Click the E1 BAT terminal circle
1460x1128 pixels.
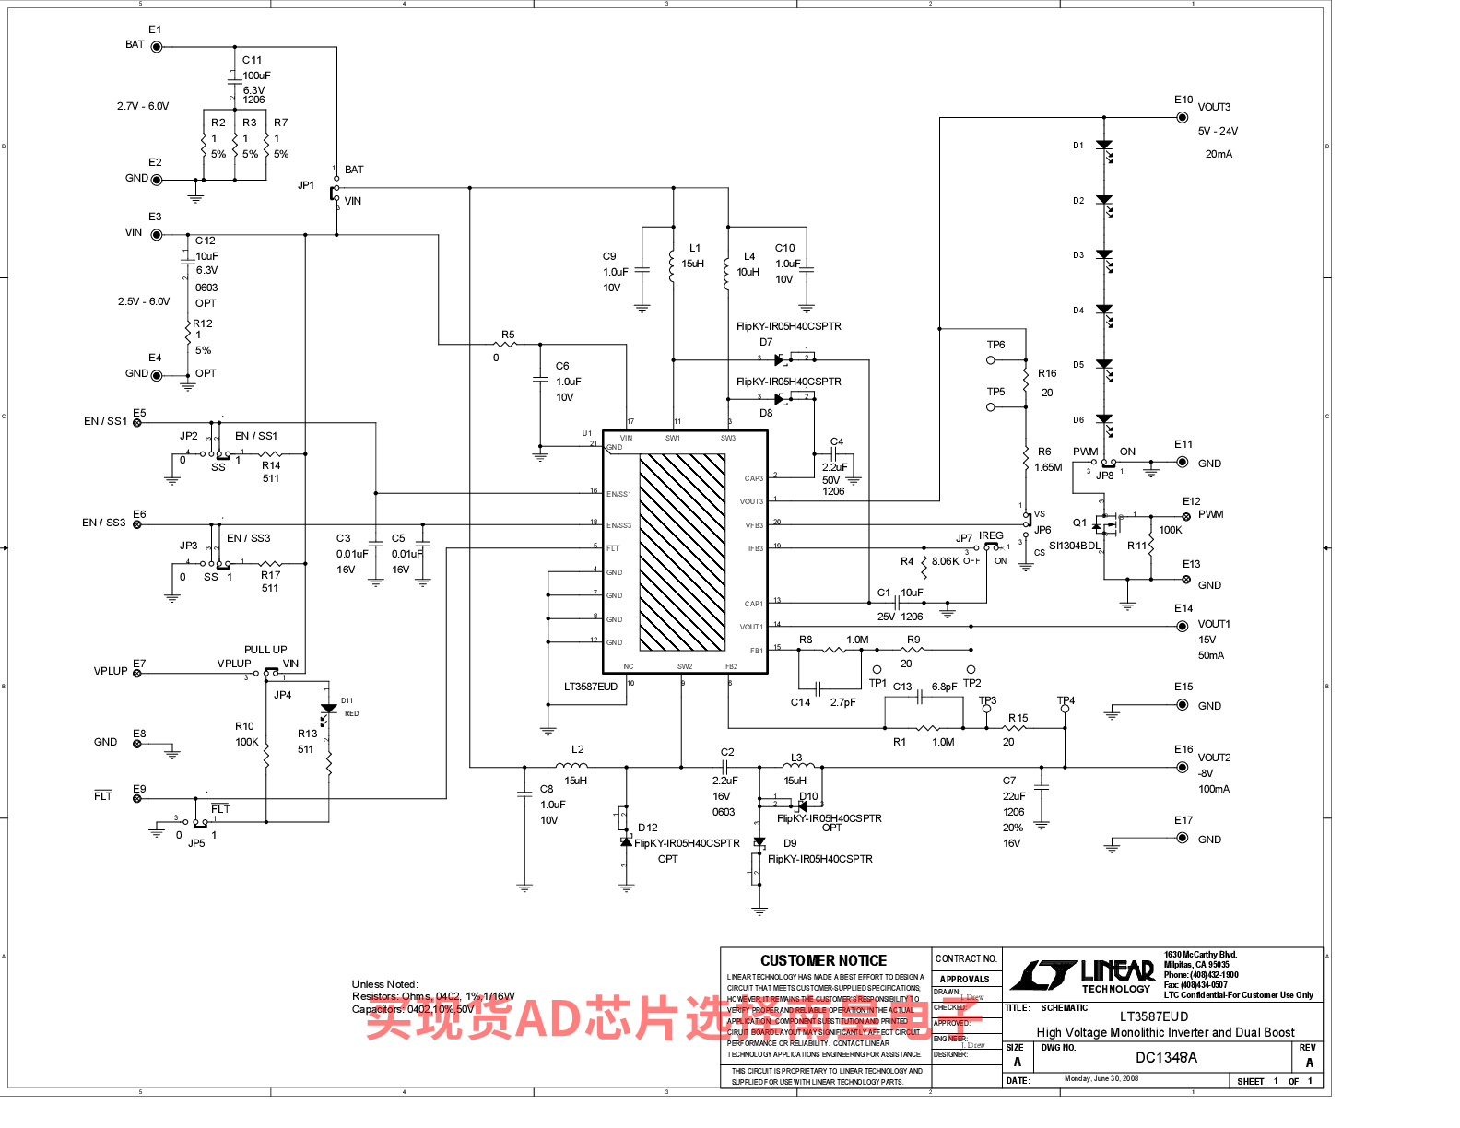(156, 47)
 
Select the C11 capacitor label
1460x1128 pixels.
(252, 60)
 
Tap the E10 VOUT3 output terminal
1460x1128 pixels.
(1182, 117)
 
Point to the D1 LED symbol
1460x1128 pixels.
(1104, 147)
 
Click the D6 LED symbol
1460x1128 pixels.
(1104, 421)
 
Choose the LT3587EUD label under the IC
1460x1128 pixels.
(591, 687)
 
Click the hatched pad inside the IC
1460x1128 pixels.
(682, 552)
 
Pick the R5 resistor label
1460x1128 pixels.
(508, 335)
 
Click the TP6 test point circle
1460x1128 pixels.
(991, 360)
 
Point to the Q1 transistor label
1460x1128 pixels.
(1079, 523)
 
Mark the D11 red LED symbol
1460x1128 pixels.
(328, 711)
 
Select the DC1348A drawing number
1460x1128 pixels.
(1166, 1058)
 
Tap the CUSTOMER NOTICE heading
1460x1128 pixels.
(823, 960)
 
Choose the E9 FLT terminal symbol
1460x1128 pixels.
(137, 798)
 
